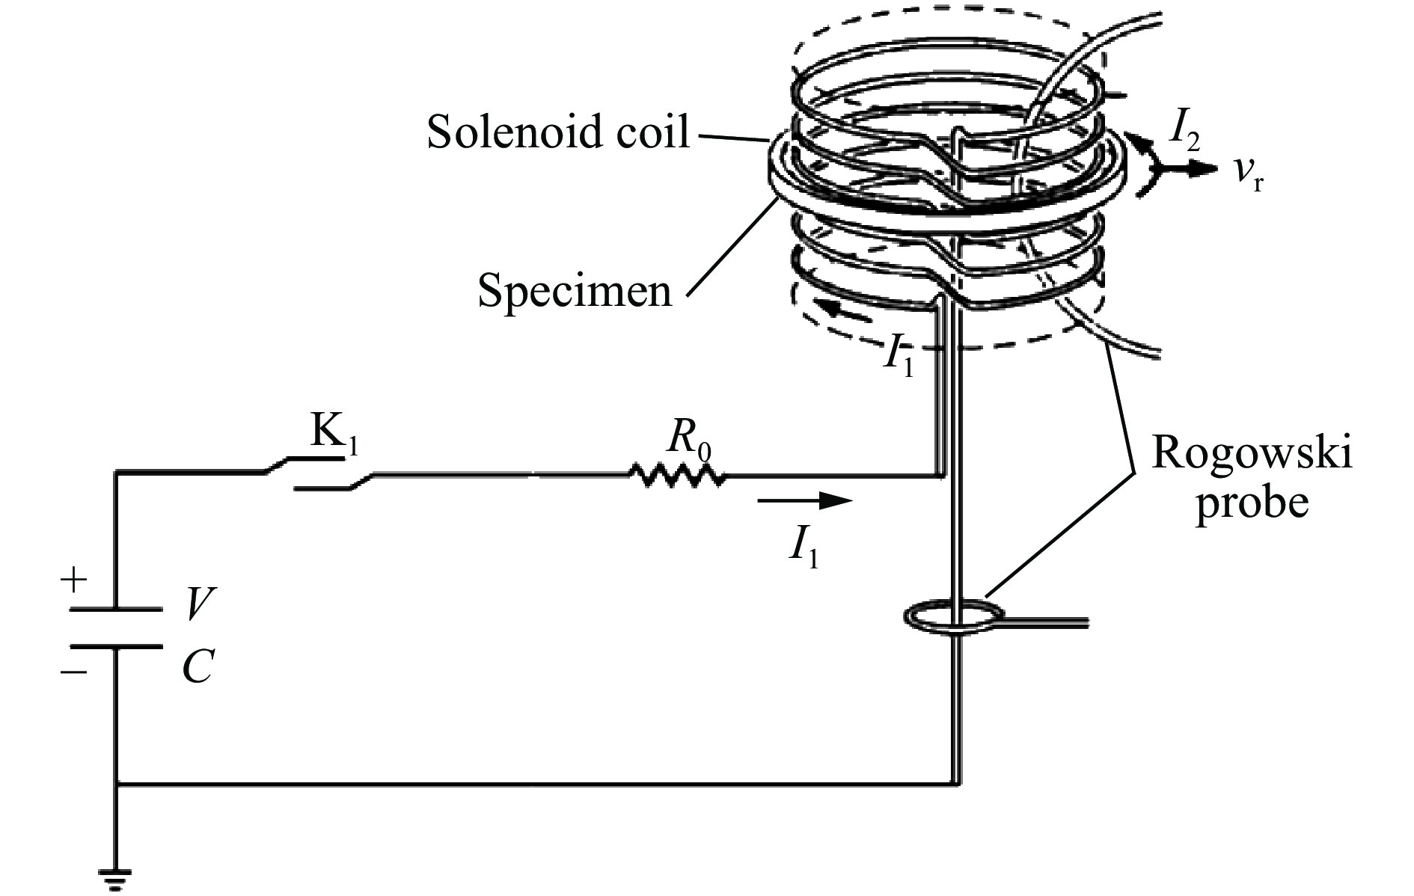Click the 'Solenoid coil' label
click(558, 132)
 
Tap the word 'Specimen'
click(575, 290)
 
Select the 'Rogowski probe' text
click(1252, 477)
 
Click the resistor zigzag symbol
click(676, 475)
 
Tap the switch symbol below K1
click(320, 476)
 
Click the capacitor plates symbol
click(116, 627)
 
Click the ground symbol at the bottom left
click(116, 877)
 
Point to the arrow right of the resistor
click(805, 500)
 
